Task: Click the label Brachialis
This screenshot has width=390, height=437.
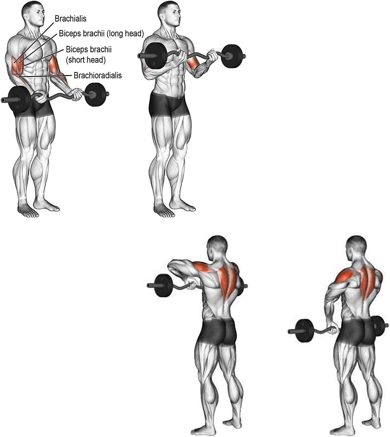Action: [71, 19]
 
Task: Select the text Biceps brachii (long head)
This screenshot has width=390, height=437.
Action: [101, 34]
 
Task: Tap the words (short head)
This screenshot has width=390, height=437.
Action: [86, 60]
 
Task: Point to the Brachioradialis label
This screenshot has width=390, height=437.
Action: [98, 75]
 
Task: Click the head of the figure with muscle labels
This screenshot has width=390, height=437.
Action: [32, 13]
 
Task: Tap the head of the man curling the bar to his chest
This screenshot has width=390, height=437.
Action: [169, 13]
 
